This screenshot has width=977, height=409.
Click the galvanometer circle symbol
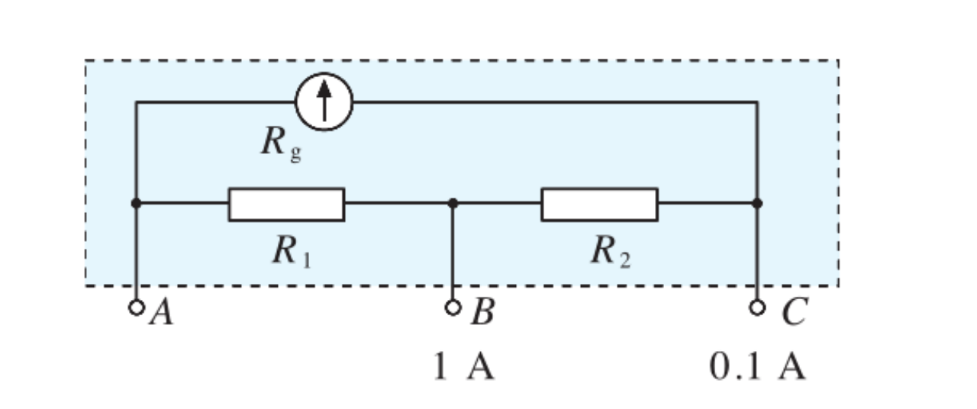point(324,102)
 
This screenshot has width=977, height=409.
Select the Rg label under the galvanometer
point(281,145)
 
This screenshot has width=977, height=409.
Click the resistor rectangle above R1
point(286,204)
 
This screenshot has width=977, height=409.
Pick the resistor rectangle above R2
point(599,204)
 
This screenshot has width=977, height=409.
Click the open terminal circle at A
point(137,308)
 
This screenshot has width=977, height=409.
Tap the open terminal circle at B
point(453,308)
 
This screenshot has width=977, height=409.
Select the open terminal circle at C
point(756,308)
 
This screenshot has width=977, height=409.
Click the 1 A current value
point(463,367)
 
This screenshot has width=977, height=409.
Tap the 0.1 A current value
point(757,367)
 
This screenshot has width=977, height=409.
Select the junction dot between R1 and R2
point(453,204)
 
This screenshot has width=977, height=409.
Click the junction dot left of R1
point(136,204)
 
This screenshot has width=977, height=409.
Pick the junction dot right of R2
point(756,204)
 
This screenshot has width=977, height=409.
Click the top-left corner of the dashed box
point(85,60)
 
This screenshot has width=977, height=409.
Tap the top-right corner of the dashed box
point(838,60)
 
